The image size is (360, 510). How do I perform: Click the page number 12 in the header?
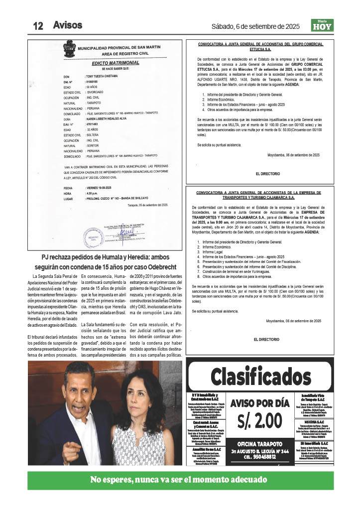point(38,26)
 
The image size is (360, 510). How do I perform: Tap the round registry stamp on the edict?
point(93,237)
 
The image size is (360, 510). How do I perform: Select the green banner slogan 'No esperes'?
point(180,480)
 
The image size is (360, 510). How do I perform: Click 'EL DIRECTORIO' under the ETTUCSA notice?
point(267,174)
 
